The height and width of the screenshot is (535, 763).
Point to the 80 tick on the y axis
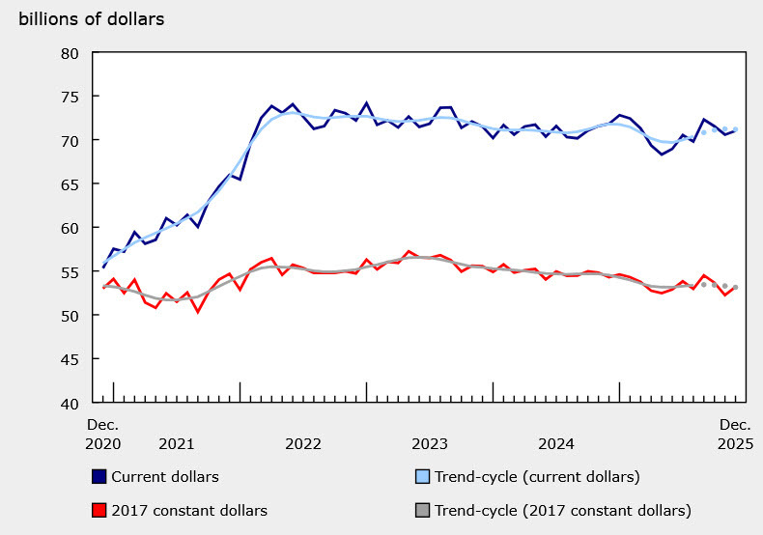[70, 53]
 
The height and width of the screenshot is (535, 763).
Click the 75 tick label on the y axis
[70, 97]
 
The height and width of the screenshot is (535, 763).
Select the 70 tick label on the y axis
[70, 141]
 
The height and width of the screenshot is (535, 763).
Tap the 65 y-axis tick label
[70, 184]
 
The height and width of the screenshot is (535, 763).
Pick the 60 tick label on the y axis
[70, 228]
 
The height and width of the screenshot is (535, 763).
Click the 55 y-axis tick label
[70, 272]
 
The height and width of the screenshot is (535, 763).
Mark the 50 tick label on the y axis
[70, 316]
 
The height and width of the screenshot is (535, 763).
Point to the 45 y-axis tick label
[70, 359]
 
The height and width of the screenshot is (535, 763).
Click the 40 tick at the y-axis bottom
[70, 403]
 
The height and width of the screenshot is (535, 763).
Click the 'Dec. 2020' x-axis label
[103, 434]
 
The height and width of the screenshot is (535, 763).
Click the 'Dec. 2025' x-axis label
[733, 434]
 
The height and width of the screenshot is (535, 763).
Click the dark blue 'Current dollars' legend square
[99, 477]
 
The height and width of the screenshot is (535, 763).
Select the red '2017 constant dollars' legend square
[99, 510]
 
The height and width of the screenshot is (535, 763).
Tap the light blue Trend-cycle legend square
[421, 477]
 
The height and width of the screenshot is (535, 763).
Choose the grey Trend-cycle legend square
[421, 510]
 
